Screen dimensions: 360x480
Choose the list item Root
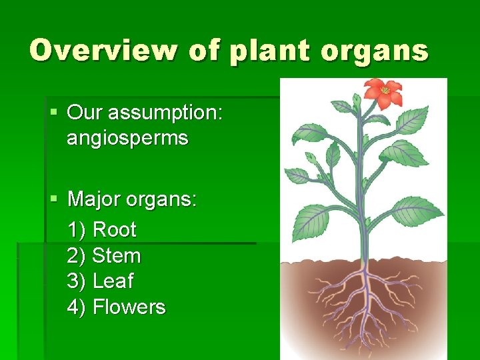tap(114, 230)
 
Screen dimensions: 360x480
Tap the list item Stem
tap(117, 256)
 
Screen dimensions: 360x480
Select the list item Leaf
tap(113, 281)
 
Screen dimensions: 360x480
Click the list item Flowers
tap(129, 307)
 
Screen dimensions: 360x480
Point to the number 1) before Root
tap(77, 230)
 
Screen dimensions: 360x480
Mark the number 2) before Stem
tap(77, 256)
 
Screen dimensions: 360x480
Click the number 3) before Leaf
tap(77, 281)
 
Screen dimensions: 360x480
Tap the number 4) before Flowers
tap(77, 307)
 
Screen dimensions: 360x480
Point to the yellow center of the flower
tap(385, 90)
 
